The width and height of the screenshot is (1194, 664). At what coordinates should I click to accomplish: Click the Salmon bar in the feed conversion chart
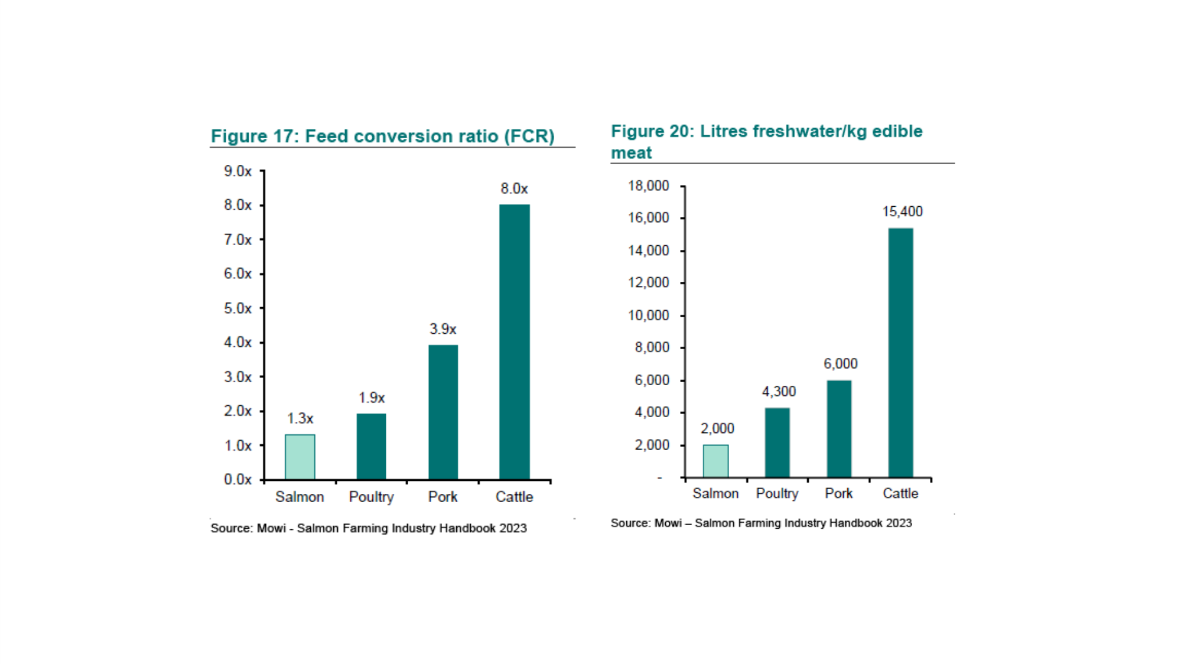coord(300,457)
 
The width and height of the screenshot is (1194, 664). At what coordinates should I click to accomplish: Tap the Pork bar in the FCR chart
coord(443,412)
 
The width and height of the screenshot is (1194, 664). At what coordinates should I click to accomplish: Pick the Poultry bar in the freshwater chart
coord(777,442)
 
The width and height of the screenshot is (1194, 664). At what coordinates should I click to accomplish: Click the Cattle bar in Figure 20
coord(900,353)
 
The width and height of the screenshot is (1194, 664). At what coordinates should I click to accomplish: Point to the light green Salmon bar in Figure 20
coord(715,461)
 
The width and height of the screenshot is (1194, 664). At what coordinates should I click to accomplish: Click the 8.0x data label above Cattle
coord(514,189)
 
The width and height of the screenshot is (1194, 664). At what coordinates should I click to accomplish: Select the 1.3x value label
coord(300,419)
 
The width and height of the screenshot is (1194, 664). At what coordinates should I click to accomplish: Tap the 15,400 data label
coord(902,211)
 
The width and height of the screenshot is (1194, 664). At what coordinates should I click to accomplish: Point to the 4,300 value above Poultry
coord(779,392)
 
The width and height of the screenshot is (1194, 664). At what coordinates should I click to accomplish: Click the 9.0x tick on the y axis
coord(238,171)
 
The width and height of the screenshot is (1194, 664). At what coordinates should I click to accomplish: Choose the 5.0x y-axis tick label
coord(238,308)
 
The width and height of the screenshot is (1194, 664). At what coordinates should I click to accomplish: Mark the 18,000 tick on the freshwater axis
coord(648,186)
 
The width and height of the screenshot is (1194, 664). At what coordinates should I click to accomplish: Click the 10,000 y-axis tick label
coord(648,315)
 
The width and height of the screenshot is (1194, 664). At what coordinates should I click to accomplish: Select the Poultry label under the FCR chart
coord(371,497)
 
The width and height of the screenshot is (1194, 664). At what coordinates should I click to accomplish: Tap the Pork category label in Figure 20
coord(838,493)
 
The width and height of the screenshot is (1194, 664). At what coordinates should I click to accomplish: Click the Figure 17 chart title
coord(382,136)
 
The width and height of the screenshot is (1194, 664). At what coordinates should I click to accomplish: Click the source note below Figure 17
coord(368,528)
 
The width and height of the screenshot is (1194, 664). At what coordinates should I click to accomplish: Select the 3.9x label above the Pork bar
coord(443,329)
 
